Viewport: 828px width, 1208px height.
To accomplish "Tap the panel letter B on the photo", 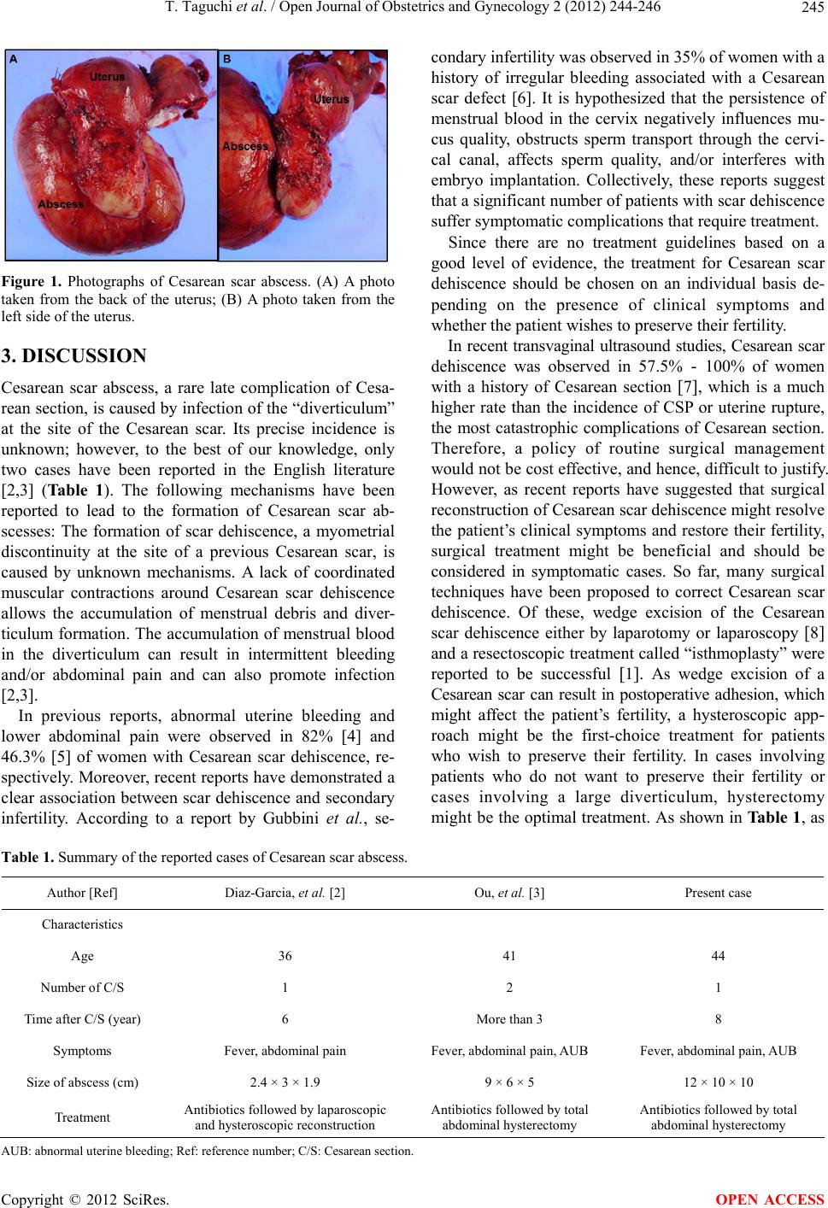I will coord(227,60).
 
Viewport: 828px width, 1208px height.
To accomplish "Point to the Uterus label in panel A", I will coord(108,77).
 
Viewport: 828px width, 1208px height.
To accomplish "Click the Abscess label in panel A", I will coord(62,204).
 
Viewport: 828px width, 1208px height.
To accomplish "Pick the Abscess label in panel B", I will coord(245,146).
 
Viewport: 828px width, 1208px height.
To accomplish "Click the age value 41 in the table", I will coord(509,956).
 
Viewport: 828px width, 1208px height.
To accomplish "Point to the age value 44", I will coord(718,956).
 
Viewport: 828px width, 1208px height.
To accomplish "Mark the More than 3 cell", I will coord(509,1018).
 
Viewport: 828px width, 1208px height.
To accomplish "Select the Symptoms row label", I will coord(82,1051).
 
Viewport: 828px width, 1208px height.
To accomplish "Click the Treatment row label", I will coord(82,1117).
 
